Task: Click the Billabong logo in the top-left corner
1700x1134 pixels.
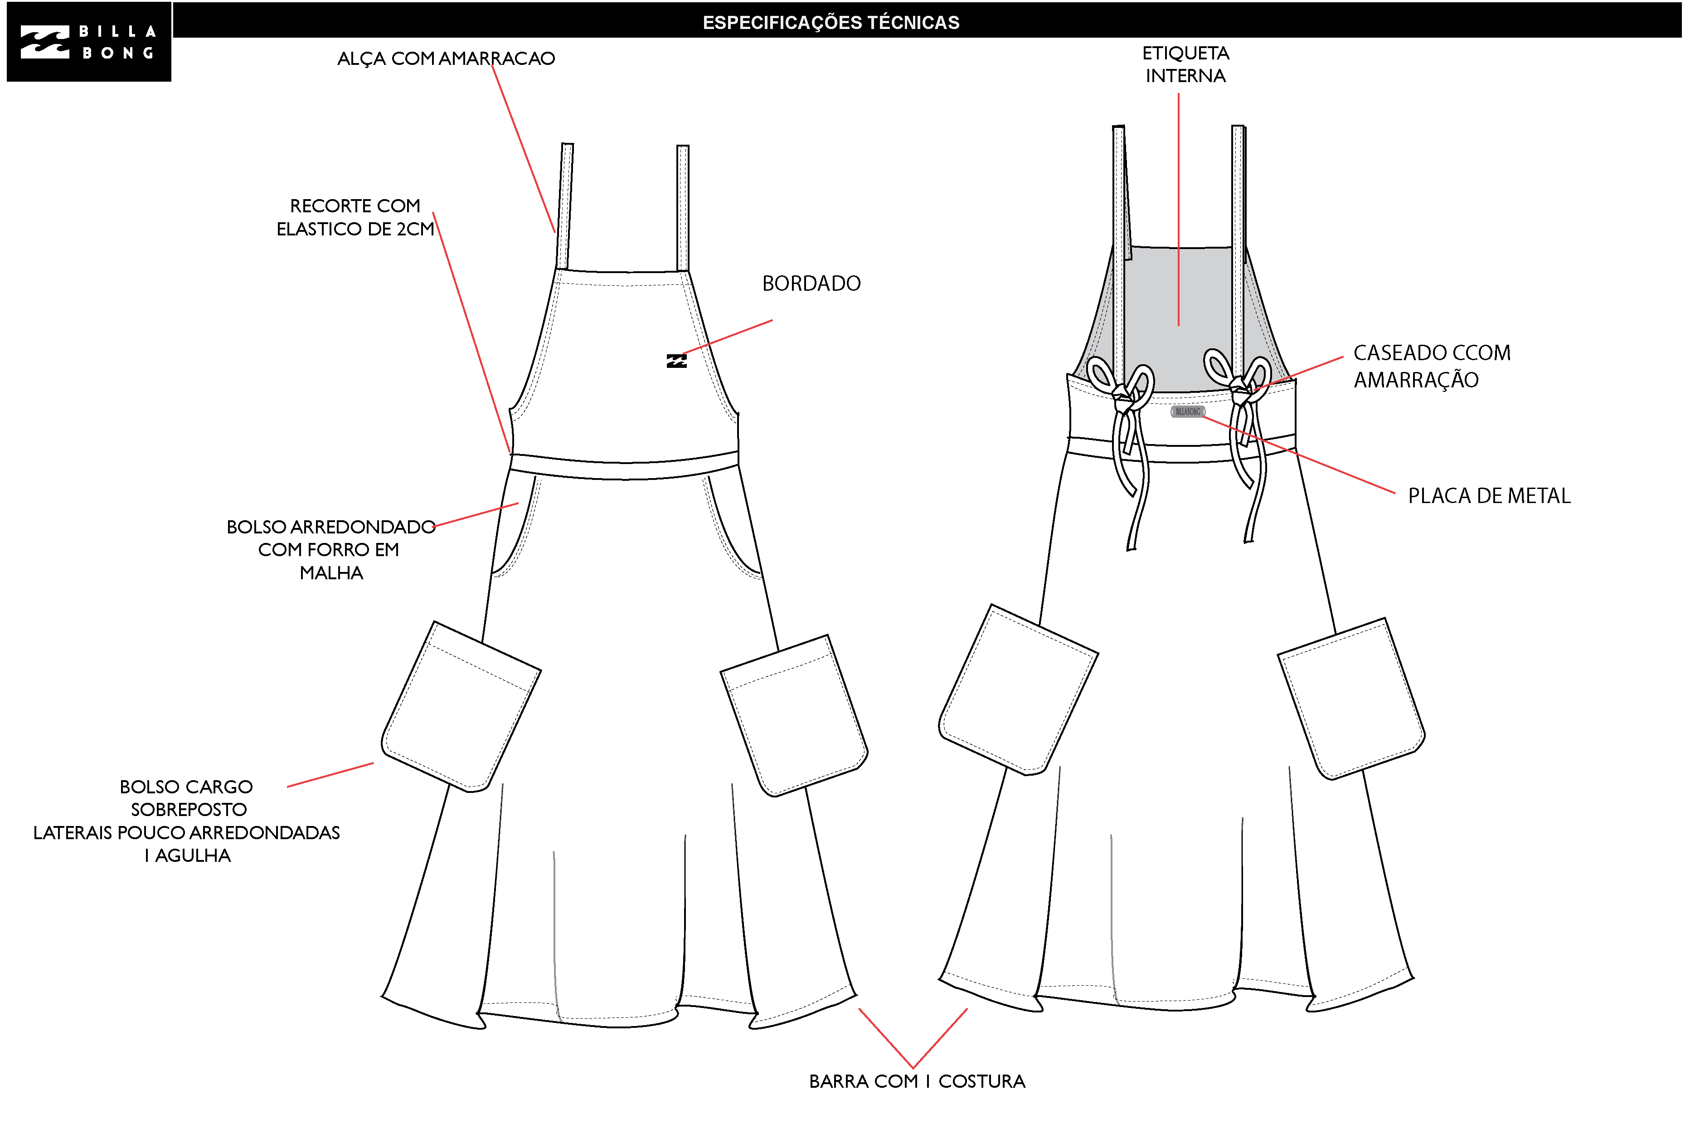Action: coord(89,42)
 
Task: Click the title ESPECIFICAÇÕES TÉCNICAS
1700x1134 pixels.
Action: coord(831,22)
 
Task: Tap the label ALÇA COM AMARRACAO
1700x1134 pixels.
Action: coord(446,59)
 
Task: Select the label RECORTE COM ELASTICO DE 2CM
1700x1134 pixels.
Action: coord(355,217)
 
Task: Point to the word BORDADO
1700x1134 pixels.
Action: coord(811,283)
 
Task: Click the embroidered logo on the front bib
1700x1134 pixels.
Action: coord(676,361)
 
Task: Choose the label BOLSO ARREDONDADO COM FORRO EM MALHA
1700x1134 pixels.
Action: coord(331,550)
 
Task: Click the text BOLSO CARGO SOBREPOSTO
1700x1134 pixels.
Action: coord(186,798)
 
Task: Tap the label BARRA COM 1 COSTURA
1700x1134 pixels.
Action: coord(917,1081)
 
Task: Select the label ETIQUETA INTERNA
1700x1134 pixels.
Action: coord(1185,64)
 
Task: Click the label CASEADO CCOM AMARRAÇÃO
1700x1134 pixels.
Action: coord(1432,366)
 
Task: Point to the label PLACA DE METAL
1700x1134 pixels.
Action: coord(1489,496)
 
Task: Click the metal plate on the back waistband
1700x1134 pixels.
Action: coord(1188,411)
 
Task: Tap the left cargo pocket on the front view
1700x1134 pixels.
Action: coord(461,707)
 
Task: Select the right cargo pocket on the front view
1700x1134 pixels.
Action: coord(794,716)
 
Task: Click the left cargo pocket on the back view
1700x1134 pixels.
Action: coord(1018,689)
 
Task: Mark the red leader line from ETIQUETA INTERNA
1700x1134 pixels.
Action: coord(1178,210)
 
